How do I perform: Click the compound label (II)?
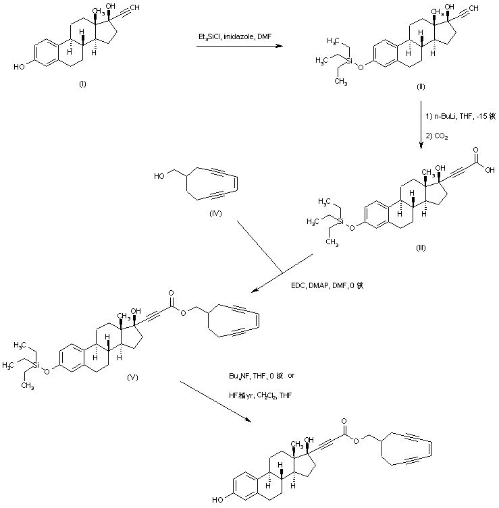(x=421, y=88)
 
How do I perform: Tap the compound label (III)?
(x=421, y=248)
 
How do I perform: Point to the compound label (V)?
(x=133, y=378)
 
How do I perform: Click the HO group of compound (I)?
(x=18, y=67)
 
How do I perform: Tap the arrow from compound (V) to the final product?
(x=217, y=401)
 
